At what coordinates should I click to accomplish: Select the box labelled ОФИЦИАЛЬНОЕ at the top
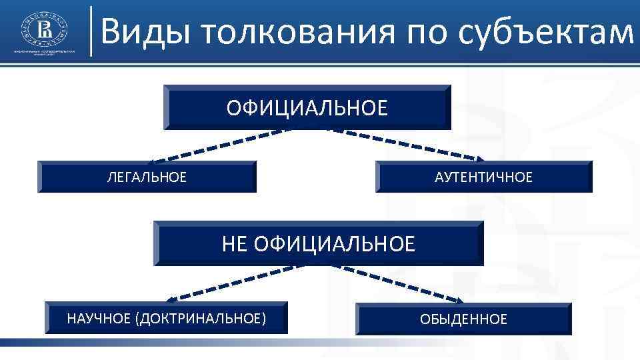point(307,107)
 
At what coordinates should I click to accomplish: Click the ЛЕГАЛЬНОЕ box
point(147,177)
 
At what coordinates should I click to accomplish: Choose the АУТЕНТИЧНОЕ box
point(483,177)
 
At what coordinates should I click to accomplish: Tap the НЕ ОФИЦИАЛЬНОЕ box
point(318,243)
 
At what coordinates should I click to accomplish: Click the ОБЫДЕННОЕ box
point(463,319)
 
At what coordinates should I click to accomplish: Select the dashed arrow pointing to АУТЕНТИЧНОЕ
point(407,143)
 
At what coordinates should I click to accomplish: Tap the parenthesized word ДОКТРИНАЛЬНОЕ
point(201,319)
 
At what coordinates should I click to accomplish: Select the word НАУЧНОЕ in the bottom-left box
point(98,319)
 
